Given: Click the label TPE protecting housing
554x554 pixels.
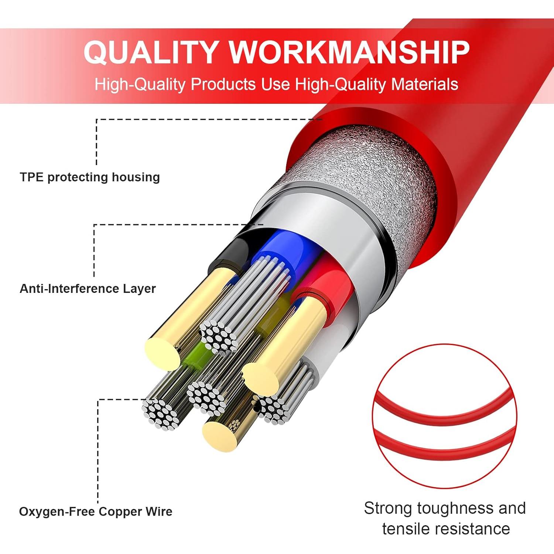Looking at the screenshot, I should click(90, 177).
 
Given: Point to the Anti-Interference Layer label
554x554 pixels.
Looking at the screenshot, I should click(88, 288).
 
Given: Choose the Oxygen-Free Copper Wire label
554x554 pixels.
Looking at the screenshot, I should click(96, 512).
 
